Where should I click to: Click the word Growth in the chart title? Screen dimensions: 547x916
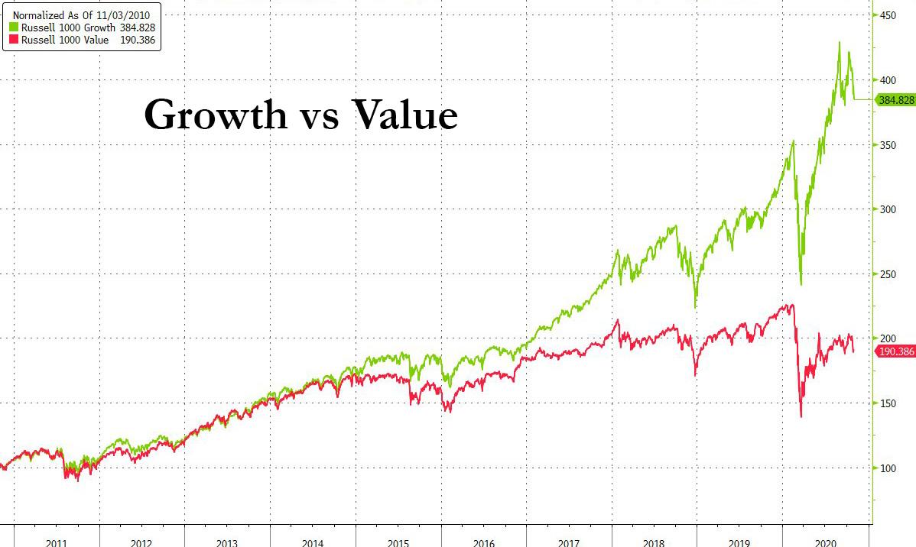pyautogui.click(x=216, y=116)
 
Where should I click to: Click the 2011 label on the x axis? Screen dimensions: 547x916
pyautogui.click(x=57, y=542)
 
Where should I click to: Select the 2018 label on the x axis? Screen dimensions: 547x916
pyautogui.click(x=655, y=542)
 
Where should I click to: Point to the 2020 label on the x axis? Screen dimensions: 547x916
pyautogui.click(x=825, y=542)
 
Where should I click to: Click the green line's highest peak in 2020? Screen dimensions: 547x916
pyautogui.click(x=840, y=42)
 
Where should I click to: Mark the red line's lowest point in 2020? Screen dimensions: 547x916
pyautogui.click(x=801, y=416)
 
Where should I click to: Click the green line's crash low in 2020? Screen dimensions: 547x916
pyautogui.click(x=801, y=284)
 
